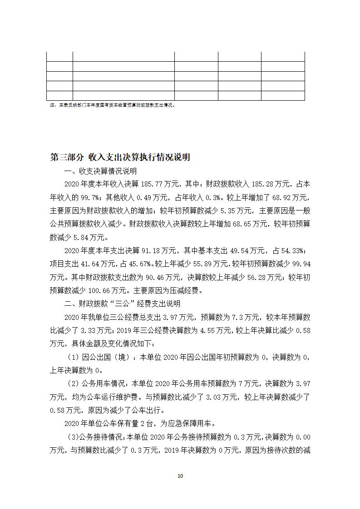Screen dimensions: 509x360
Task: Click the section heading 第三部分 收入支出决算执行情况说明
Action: pos(120,157)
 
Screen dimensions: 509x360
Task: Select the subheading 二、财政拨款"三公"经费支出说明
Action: pos(123,303)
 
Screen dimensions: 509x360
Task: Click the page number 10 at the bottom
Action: pos(180,476)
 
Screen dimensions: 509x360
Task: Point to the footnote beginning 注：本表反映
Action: pos(112,105)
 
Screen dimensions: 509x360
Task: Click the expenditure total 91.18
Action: pos(141,250)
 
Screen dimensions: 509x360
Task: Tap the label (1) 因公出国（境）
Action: pos(94,357)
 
